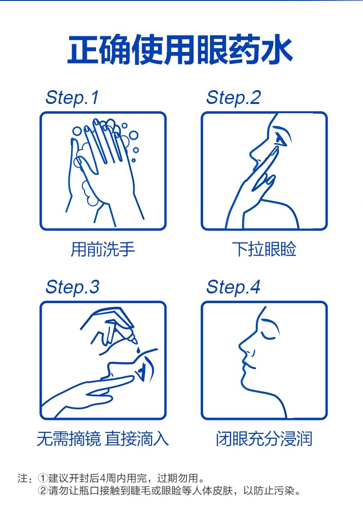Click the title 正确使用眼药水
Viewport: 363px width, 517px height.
click(180, 50)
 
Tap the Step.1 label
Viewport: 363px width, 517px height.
click(72, 98)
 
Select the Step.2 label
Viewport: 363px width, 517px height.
click(233, 98)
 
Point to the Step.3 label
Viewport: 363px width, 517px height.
click(72, 287)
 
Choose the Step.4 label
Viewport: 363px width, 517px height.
click(233, 287)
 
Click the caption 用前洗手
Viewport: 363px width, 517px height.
click(103, 249)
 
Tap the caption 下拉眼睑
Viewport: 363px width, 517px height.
click(264, 249)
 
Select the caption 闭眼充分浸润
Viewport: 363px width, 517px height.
click(264, 438)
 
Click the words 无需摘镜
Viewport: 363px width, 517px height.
click(68, 438)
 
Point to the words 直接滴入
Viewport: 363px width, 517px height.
click(137, 438)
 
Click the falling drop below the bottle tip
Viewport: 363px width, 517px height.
click(138, 349)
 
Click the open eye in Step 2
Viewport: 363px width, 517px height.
click(282, 138)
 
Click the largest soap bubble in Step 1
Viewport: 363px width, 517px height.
click(133, 135)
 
